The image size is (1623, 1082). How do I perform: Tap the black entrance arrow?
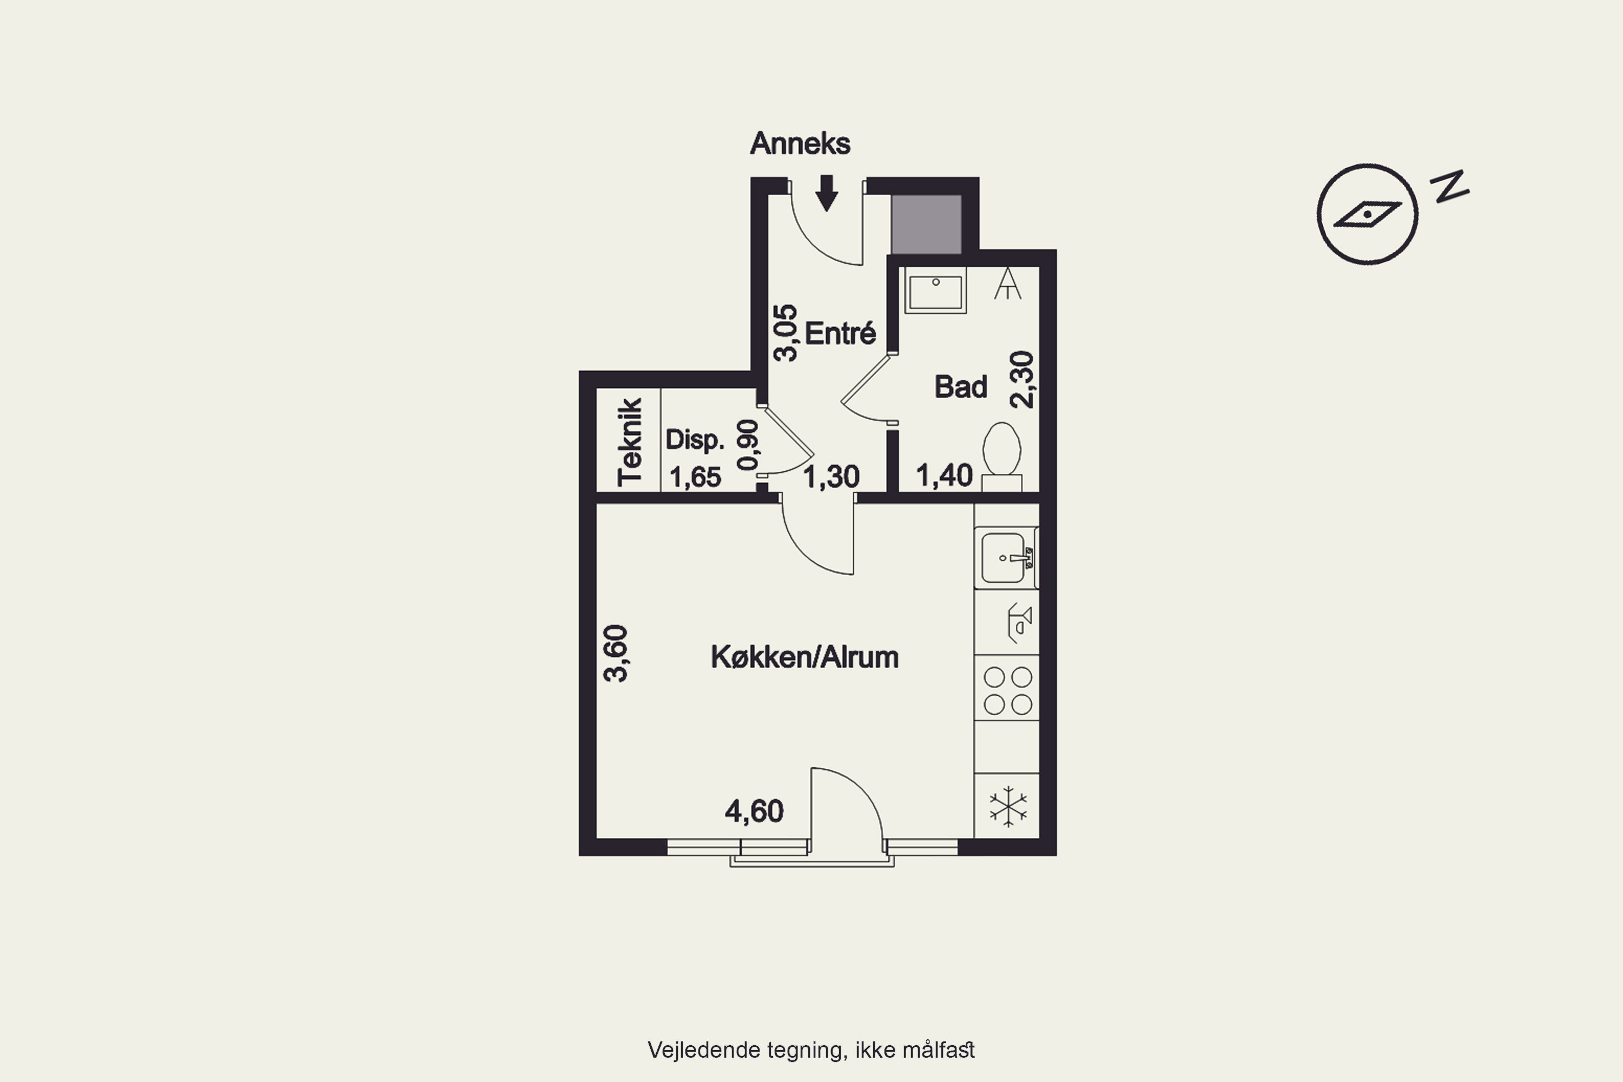click(x=827, y=193)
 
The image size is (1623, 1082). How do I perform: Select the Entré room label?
click(x=841, y=333)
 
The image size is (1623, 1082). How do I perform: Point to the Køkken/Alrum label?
click(x=804, y=657)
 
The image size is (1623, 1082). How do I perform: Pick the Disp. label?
click(x=695, y=439)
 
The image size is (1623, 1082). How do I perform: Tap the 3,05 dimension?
click(x=786, y=333)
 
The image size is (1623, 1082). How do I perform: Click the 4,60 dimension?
click(x=754, y=811)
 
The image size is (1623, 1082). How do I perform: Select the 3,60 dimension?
click(x=616, y=654)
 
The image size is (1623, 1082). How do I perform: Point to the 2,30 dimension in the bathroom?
click(x=1022, y=380)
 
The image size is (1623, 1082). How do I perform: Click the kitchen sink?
click(x=1006, y=558)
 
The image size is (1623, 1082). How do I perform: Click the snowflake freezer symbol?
click(x=1008, y=806)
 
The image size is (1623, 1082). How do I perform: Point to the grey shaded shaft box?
click(x=926, y=225)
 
